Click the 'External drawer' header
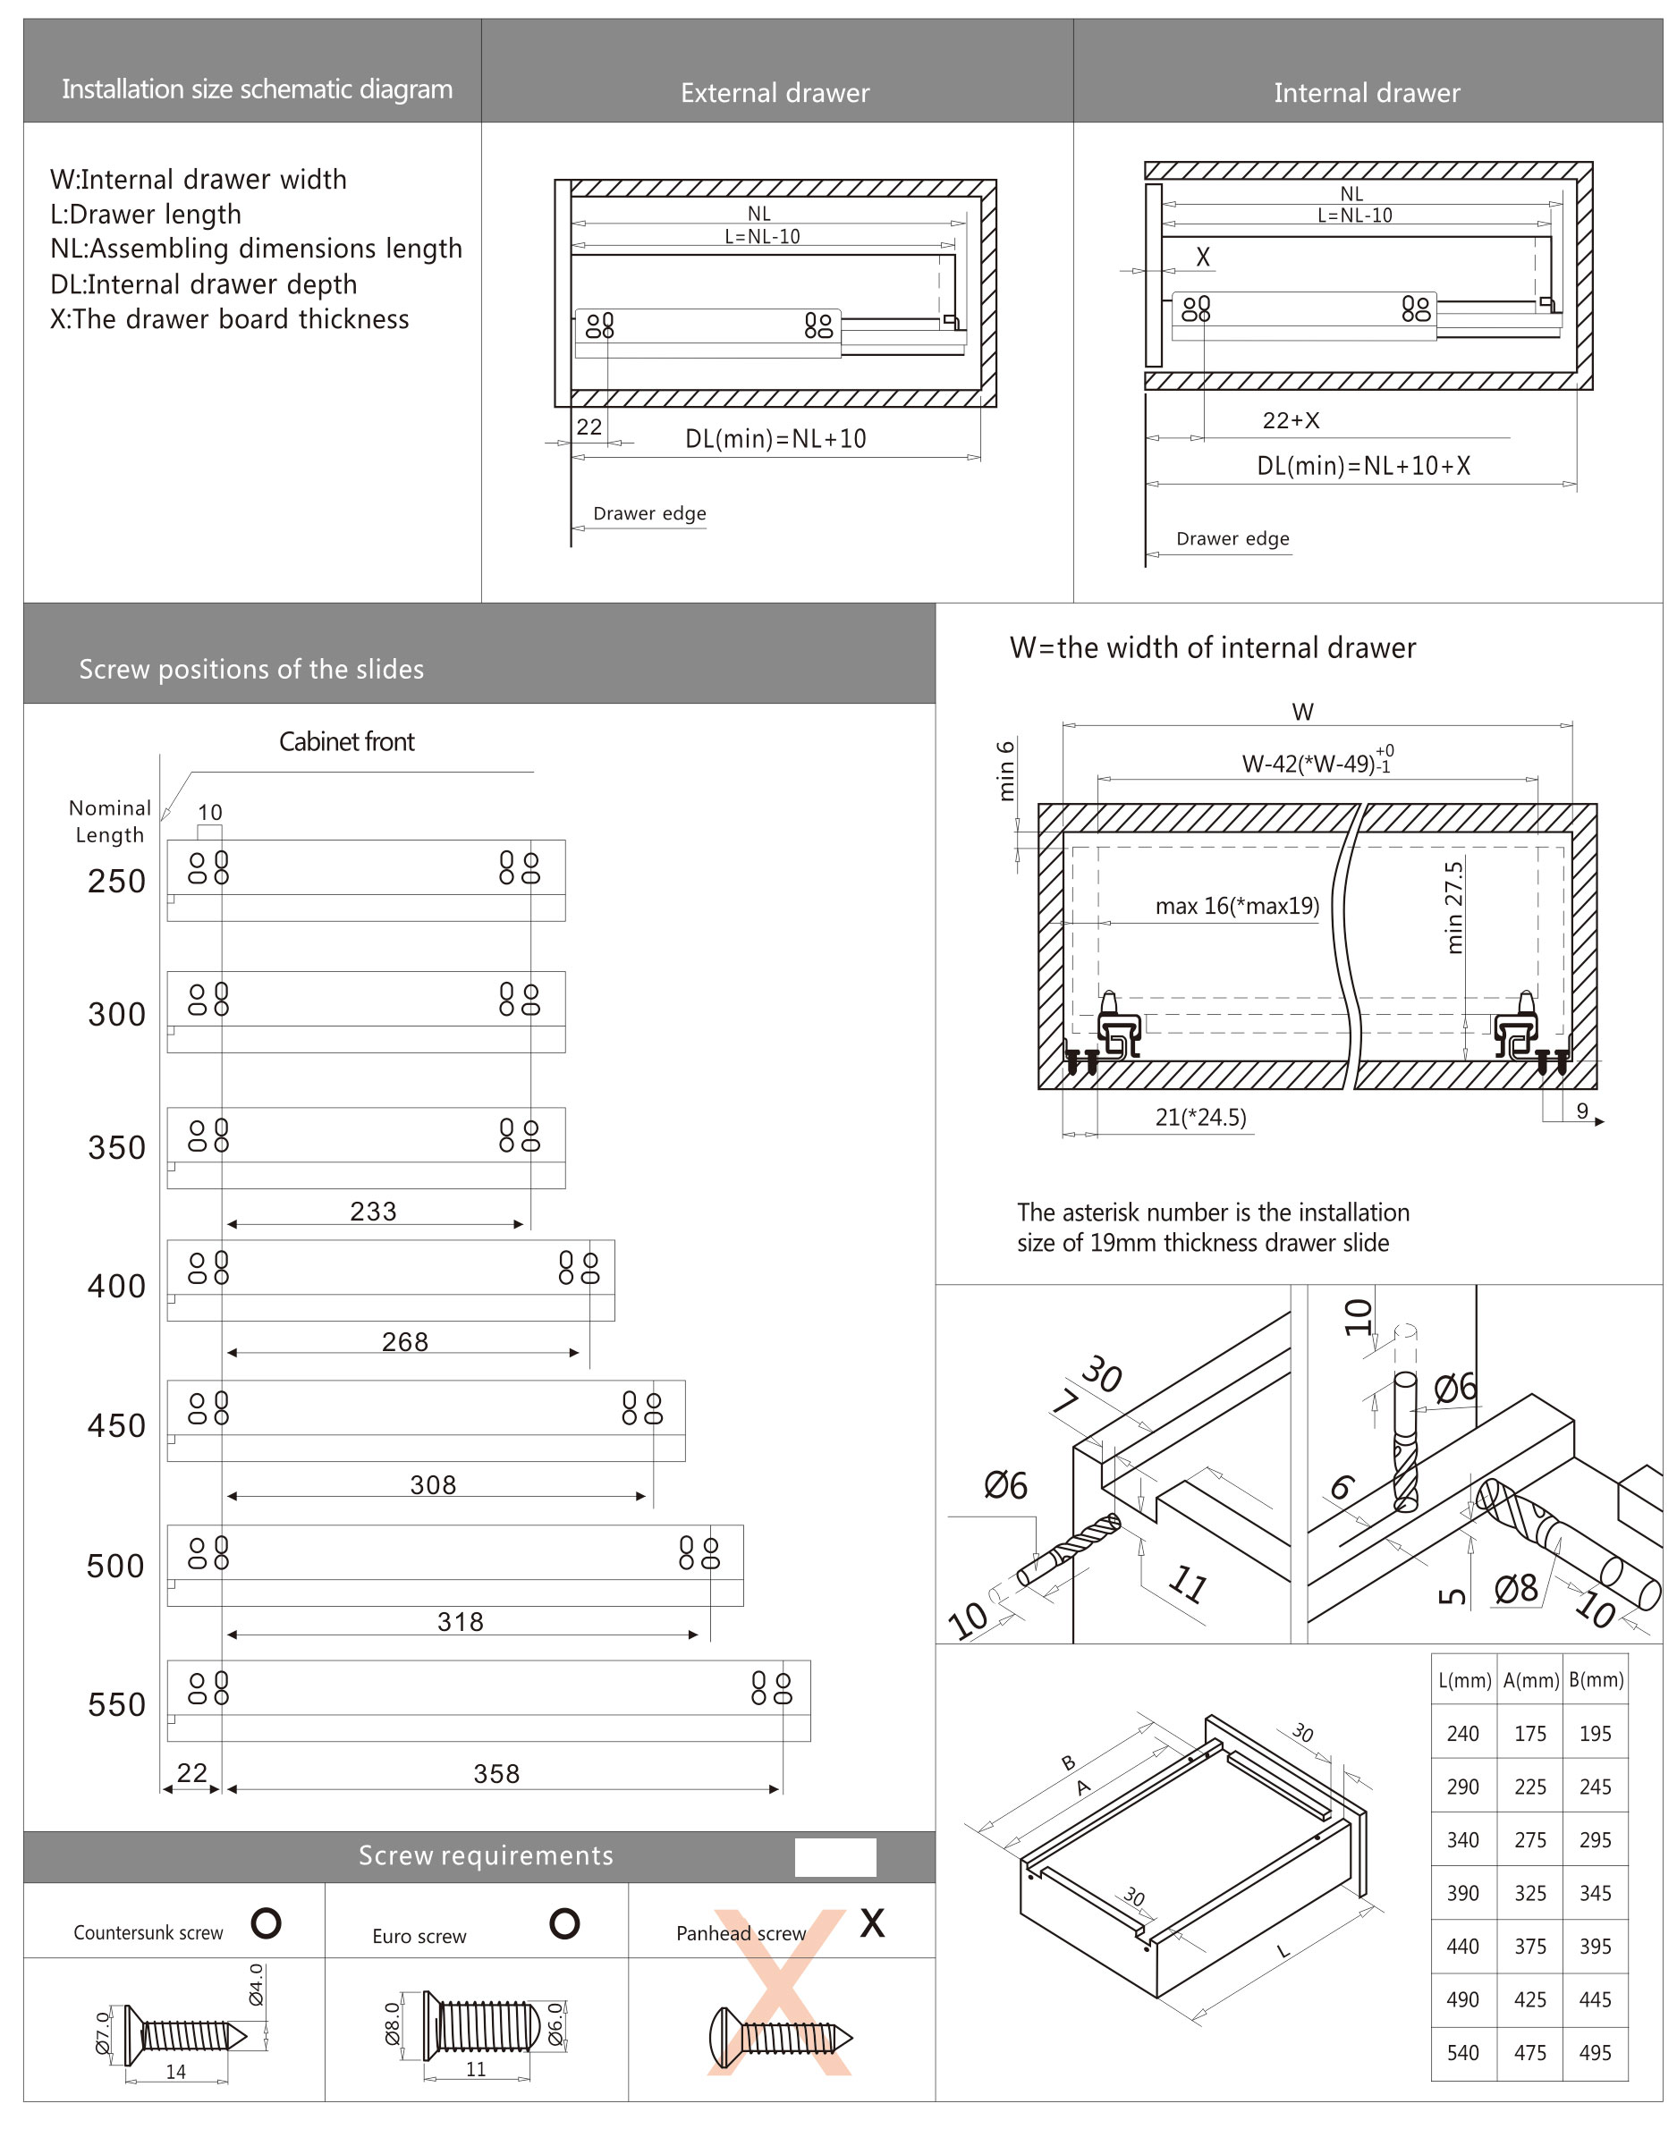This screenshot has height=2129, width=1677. [775, 93]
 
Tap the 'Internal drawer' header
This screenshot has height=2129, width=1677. [1366, 93]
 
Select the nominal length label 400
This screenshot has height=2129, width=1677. [117, 1286]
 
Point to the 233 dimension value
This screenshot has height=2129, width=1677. [373, 1212]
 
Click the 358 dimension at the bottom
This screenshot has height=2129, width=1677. [495, 1774]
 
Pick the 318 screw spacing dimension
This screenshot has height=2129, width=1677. [461, 1621]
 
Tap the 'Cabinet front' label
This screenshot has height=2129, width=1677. [347, 742]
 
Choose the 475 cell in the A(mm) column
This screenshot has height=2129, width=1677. [1529, 2052]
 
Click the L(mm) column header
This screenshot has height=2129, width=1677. [1464, 1680]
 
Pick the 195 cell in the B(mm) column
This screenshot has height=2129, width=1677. [1595, 1734]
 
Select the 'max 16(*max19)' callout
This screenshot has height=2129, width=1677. [1236, 906]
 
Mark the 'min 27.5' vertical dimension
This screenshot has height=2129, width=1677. [1454, 908]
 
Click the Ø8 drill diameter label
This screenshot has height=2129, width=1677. [1515, 1589]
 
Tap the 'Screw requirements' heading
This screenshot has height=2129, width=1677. [485, 1855]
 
